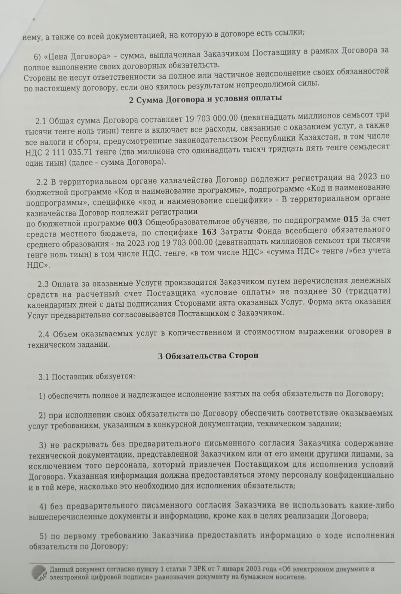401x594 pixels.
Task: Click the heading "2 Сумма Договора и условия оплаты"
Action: point(205,98)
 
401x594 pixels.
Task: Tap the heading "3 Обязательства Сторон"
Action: point(208,356)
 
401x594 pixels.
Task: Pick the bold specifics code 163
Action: point(209,232)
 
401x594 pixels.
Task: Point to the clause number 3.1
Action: point(44,376)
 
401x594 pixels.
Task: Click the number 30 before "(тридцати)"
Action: point(336,291)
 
